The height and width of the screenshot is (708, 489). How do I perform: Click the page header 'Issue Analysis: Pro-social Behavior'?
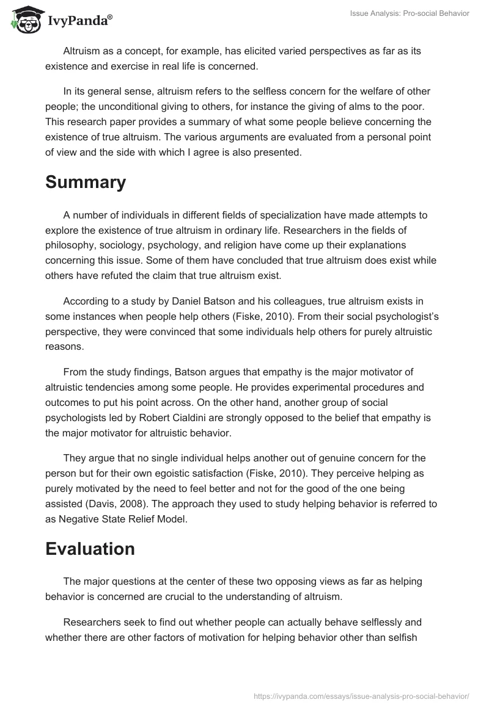409,13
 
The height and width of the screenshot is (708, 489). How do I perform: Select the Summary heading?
86,182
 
